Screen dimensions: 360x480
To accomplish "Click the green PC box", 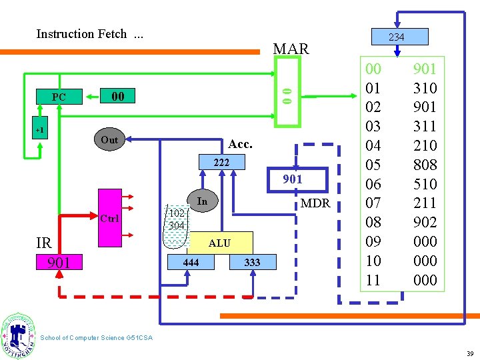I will [59, 97].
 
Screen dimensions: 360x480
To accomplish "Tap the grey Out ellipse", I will [109, 140].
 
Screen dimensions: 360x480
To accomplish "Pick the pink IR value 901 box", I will [59, 263].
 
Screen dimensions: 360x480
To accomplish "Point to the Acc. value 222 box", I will [221, 163].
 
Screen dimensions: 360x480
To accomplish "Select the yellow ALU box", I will [219, 243].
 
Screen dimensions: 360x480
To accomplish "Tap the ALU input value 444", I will [191, 263].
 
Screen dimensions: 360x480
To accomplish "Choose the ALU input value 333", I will [252, 263].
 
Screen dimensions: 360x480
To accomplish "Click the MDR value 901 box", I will [292, 179].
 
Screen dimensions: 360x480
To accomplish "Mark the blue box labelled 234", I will [396, 37].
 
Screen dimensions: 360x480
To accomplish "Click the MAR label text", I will [291, 49].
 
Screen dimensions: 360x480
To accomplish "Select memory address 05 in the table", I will [373, 165].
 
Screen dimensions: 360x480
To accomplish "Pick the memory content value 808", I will [425, 165].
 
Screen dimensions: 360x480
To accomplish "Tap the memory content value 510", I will [425, 184].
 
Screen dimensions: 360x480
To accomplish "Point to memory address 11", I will [373, 280].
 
